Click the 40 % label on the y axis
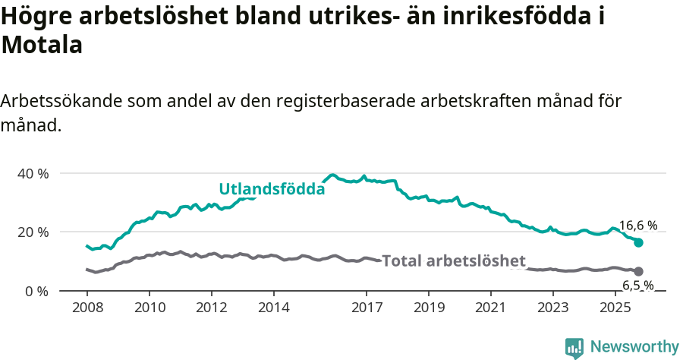point(33,173)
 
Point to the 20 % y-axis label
point(33,232)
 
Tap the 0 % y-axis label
point(36,291)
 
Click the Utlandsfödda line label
point(272,189)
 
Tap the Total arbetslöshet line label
point(453,261)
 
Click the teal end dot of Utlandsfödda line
point(638,242)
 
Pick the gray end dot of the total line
point(638,271)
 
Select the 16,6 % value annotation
point(637,226)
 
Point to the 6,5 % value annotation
point(637,286)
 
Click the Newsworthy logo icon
point(574,348)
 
